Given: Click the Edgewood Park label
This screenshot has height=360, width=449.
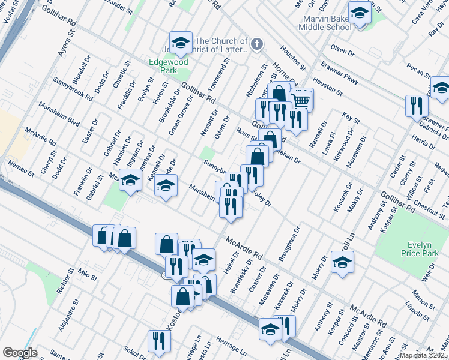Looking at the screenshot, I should (169, 66).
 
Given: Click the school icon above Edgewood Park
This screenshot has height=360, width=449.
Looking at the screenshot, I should (181, 43).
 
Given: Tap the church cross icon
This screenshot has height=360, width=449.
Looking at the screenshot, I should (256, 44).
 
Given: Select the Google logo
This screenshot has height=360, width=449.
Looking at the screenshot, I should (20, 353).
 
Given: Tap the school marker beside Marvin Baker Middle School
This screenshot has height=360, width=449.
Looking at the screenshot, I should (360, 13).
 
